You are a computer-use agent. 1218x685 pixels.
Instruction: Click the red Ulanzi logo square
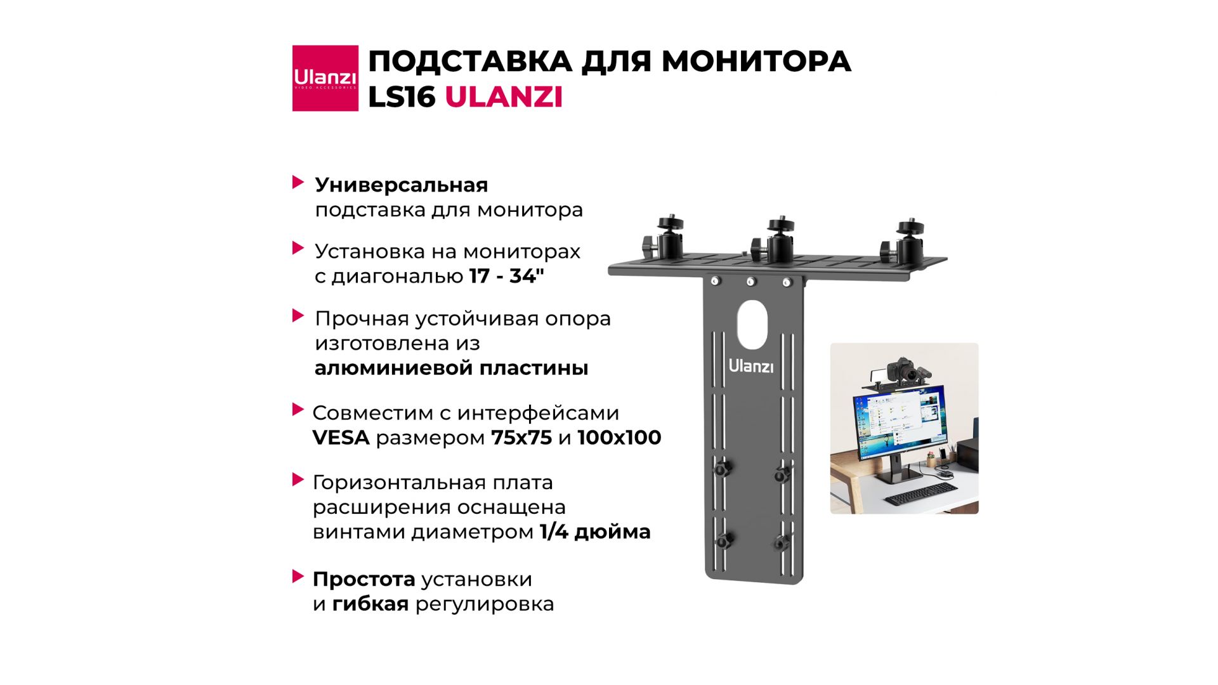coord(325,78)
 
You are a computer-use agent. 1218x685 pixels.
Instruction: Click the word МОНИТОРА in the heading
coord(756,62)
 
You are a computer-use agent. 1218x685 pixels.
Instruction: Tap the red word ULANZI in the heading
coord(504,98)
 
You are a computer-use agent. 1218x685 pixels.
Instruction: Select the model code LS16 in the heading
coord(402,98)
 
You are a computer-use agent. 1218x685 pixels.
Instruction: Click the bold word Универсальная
coord(402,186)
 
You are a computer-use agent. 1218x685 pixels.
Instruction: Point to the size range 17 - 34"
coord(507,276)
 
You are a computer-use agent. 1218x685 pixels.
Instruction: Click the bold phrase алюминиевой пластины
coord(451,368)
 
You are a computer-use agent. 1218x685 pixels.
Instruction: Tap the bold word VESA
coord(341,437)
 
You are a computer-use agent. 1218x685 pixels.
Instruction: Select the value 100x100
coord(619,437)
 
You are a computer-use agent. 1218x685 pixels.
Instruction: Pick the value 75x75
coord(521,437)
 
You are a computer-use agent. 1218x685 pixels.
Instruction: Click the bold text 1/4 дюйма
coord(595,532)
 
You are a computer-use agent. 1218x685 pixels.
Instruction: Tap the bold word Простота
coord(363,579)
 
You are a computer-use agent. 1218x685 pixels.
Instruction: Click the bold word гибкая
coord(370,604)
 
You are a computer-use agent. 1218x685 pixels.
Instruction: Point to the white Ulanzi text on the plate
coord(751,366)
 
